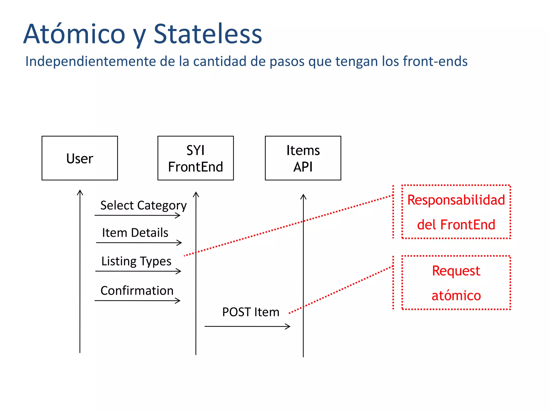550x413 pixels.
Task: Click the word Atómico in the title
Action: coord(74,34)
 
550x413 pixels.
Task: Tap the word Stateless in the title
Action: coord(208,34)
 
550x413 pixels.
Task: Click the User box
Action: coord(80,158)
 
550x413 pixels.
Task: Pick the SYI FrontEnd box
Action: coord(196,158)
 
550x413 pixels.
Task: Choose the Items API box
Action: coord(303,158)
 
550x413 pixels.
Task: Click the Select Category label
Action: coord(143,206)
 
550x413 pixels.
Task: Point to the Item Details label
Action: coord(135,233)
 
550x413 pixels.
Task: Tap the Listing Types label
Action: coord(136,261)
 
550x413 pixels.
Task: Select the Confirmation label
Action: coord(137,291)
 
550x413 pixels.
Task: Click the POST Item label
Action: coord(251,312)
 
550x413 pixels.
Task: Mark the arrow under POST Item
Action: coord(247,326)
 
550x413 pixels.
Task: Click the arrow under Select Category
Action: coord(137,215)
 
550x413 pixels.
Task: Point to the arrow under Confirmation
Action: coord(137,301)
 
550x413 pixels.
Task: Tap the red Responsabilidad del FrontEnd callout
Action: coord(456,212)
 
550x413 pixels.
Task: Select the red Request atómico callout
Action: coord(456,283)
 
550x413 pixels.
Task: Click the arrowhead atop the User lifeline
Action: coord(80,192)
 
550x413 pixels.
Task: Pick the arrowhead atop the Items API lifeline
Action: coord(303,196)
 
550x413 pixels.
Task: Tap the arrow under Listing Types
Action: coord(138,271)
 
